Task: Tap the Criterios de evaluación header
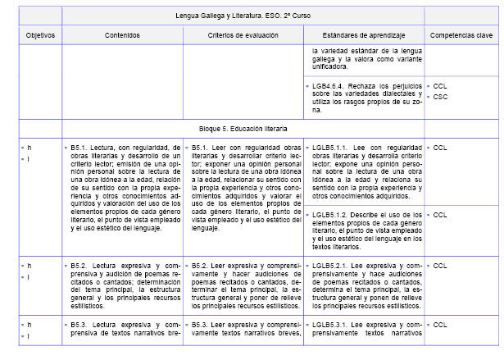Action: (242, 36)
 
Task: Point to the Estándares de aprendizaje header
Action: (362, 36)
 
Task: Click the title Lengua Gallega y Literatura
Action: (243, 16)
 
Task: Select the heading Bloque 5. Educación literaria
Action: (243, 129)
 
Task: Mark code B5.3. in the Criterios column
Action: (202, 325)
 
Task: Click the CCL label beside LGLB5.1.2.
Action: (440, 215)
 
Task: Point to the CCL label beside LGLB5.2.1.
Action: (440, 266)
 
